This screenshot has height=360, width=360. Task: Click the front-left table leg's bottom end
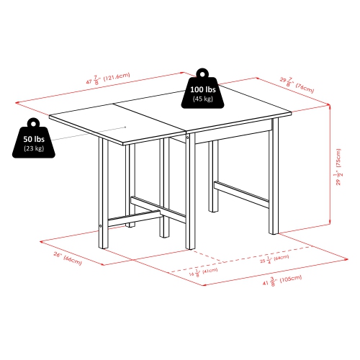click(104, 245)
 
